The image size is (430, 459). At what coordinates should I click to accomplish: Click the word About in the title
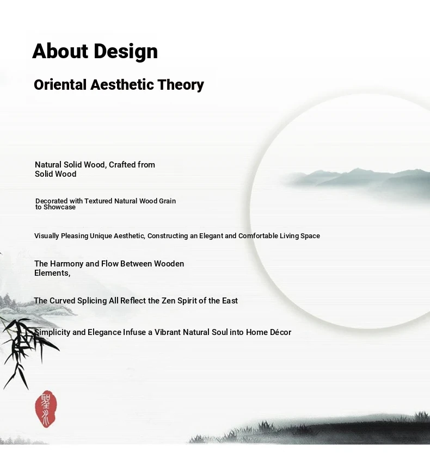coord(60,51)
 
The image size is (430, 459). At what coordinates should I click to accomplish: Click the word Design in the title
coord(126,52)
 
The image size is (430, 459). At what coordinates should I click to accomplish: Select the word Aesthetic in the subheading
coord(122,85)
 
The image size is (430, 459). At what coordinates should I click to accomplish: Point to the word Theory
coord(181,85)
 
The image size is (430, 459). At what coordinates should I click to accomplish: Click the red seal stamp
coord(46,408)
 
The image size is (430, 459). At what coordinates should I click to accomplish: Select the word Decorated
coord(51,201)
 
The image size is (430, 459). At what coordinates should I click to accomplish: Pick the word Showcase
coord(59,207)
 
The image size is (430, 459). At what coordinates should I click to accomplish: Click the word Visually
coord(47,236)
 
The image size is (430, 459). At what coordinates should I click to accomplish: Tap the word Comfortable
coord(258,235)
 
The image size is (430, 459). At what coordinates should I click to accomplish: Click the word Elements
coord(52,273)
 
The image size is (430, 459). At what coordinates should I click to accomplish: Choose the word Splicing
coord(92,301)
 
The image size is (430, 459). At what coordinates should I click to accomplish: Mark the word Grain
coord(167,201)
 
